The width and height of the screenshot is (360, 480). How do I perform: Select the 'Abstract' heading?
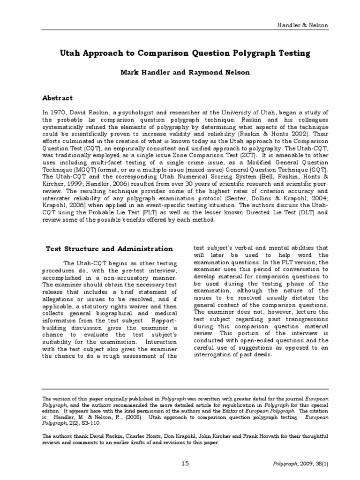pos(58,98)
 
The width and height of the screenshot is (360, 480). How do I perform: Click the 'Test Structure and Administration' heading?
pos(109,248)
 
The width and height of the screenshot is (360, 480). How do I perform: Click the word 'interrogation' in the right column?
pos(214,355)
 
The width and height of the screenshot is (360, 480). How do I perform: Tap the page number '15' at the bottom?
pos(185,464)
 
